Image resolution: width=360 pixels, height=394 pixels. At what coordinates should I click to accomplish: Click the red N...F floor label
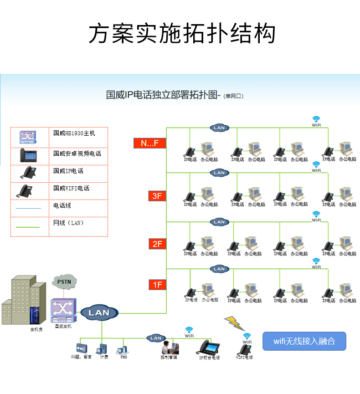(149, 143)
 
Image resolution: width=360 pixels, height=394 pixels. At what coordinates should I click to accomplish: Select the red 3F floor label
(157, 196)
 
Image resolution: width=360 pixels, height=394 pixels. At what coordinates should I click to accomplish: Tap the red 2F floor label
(157, 244)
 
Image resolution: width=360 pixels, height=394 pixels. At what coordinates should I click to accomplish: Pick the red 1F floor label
(157, 285)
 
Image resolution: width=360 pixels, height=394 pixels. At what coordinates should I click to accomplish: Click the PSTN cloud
(64, 281)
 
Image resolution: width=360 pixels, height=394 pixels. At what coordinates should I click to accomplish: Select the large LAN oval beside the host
(99, 312)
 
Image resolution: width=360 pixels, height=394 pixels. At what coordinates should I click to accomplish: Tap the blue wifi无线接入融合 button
(304, 341)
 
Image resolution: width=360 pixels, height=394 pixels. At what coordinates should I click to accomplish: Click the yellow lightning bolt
(234, 322)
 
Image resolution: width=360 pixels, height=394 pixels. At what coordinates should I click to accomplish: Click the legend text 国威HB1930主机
(74, 133)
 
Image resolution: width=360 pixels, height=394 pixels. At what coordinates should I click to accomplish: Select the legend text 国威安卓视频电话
(77, 154)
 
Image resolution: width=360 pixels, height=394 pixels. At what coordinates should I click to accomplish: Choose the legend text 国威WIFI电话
(71, 188)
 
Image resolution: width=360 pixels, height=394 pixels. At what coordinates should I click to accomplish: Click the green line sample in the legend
(28, 226)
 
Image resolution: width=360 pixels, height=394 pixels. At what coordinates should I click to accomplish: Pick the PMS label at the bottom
(123, 358)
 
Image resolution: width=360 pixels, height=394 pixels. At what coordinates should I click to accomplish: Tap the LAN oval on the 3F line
(219, 173)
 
